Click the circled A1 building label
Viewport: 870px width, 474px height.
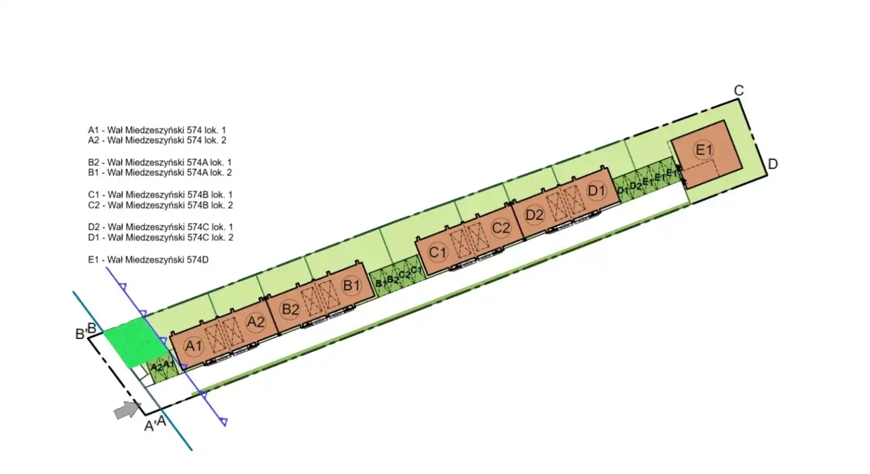click(194, 346)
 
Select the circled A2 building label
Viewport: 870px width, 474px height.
click(256, 322)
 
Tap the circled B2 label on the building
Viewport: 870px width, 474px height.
click(290, 310)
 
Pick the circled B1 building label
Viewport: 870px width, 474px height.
click(351, 286)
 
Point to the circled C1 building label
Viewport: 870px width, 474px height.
click(438, 253)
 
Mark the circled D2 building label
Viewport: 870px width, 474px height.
click(534, 215)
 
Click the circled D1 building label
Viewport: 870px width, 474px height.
click(597, 191)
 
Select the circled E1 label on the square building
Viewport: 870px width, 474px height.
click(704, 149)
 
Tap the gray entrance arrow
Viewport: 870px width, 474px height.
click(127, 410)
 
